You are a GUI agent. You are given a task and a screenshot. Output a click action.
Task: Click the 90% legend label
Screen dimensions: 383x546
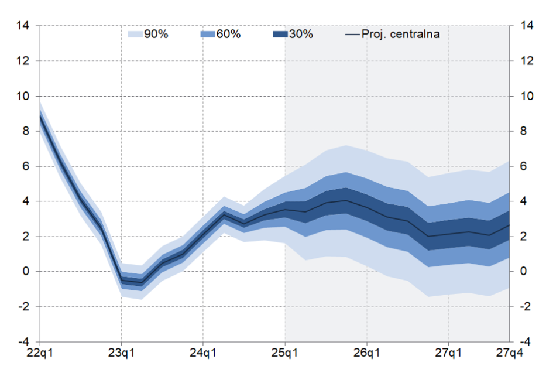156,35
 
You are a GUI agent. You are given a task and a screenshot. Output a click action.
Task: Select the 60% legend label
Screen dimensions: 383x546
228,35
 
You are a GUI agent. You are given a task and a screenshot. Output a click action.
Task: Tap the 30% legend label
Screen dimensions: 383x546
301,35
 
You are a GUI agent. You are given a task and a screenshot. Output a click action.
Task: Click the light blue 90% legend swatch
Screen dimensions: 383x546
136,35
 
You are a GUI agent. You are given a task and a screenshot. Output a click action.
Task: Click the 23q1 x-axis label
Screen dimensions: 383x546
121,354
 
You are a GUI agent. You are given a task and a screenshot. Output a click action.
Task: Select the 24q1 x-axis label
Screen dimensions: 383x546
203,354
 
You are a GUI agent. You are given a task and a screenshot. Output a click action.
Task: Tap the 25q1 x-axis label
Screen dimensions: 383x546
285,354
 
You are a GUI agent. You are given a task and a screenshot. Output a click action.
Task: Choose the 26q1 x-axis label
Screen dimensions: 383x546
367,354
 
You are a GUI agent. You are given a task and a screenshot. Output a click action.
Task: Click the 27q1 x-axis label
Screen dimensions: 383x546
448,354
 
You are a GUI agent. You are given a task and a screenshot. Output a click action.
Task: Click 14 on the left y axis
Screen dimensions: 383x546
23,26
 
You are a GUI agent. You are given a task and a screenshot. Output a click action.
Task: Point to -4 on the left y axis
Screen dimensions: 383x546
23,342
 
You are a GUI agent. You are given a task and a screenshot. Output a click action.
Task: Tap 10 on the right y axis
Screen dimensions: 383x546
524,96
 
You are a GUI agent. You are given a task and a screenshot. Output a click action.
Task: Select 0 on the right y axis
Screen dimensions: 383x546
522,272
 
